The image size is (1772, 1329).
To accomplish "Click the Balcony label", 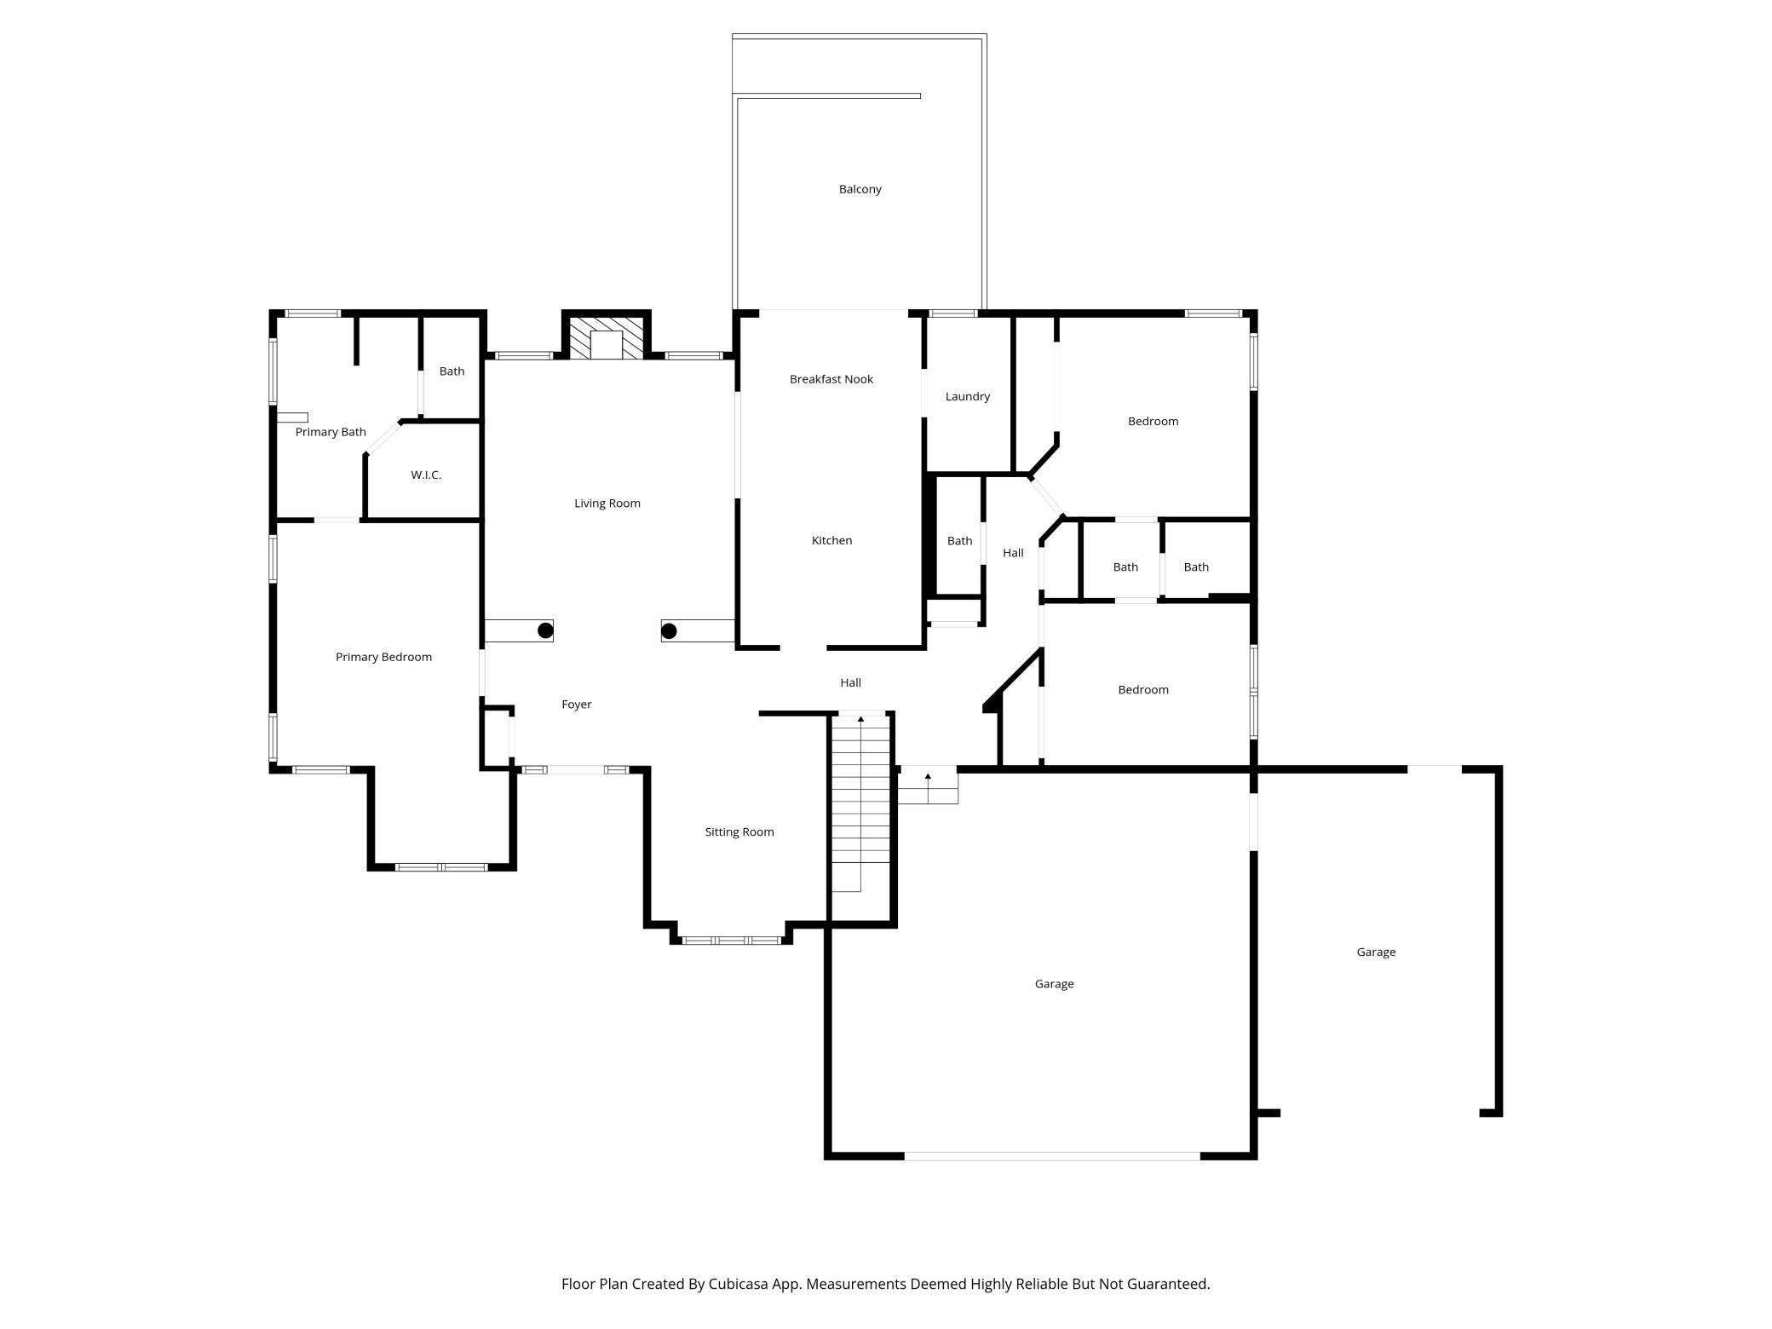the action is pos(860,189).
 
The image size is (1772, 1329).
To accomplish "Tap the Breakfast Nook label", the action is pos(831,379).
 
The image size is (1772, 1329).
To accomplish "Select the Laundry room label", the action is pos(967,396).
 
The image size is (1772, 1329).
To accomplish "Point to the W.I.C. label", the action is pos(426,475).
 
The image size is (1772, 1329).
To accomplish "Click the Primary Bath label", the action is pos(331,432).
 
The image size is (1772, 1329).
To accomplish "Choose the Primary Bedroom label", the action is pos(383,657).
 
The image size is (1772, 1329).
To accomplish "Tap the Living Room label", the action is pos(607,503).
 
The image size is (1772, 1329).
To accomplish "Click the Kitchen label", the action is pos(831,540).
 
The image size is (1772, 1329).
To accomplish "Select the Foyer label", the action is pos(576,705).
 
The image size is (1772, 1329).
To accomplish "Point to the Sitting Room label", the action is pos(739,832).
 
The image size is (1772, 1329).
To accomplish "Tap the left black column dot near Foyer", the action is pos(545,630).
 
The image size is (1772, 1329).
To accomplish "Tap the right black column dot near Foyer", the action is pos(669,631).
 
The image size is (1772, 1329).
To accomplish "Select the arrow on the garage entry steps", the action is pos(928,777).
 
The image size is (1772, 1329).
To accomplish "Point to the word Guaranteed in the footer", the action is pos(1167,1284).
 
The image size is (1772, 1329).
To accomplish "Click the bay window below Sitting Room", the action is pos(732,941).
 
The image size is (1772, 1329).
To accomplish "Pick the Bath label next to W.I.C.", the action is pos(452,371).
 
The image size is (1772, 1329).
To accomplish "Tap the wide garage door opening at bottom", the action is pos(1052,1156).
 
